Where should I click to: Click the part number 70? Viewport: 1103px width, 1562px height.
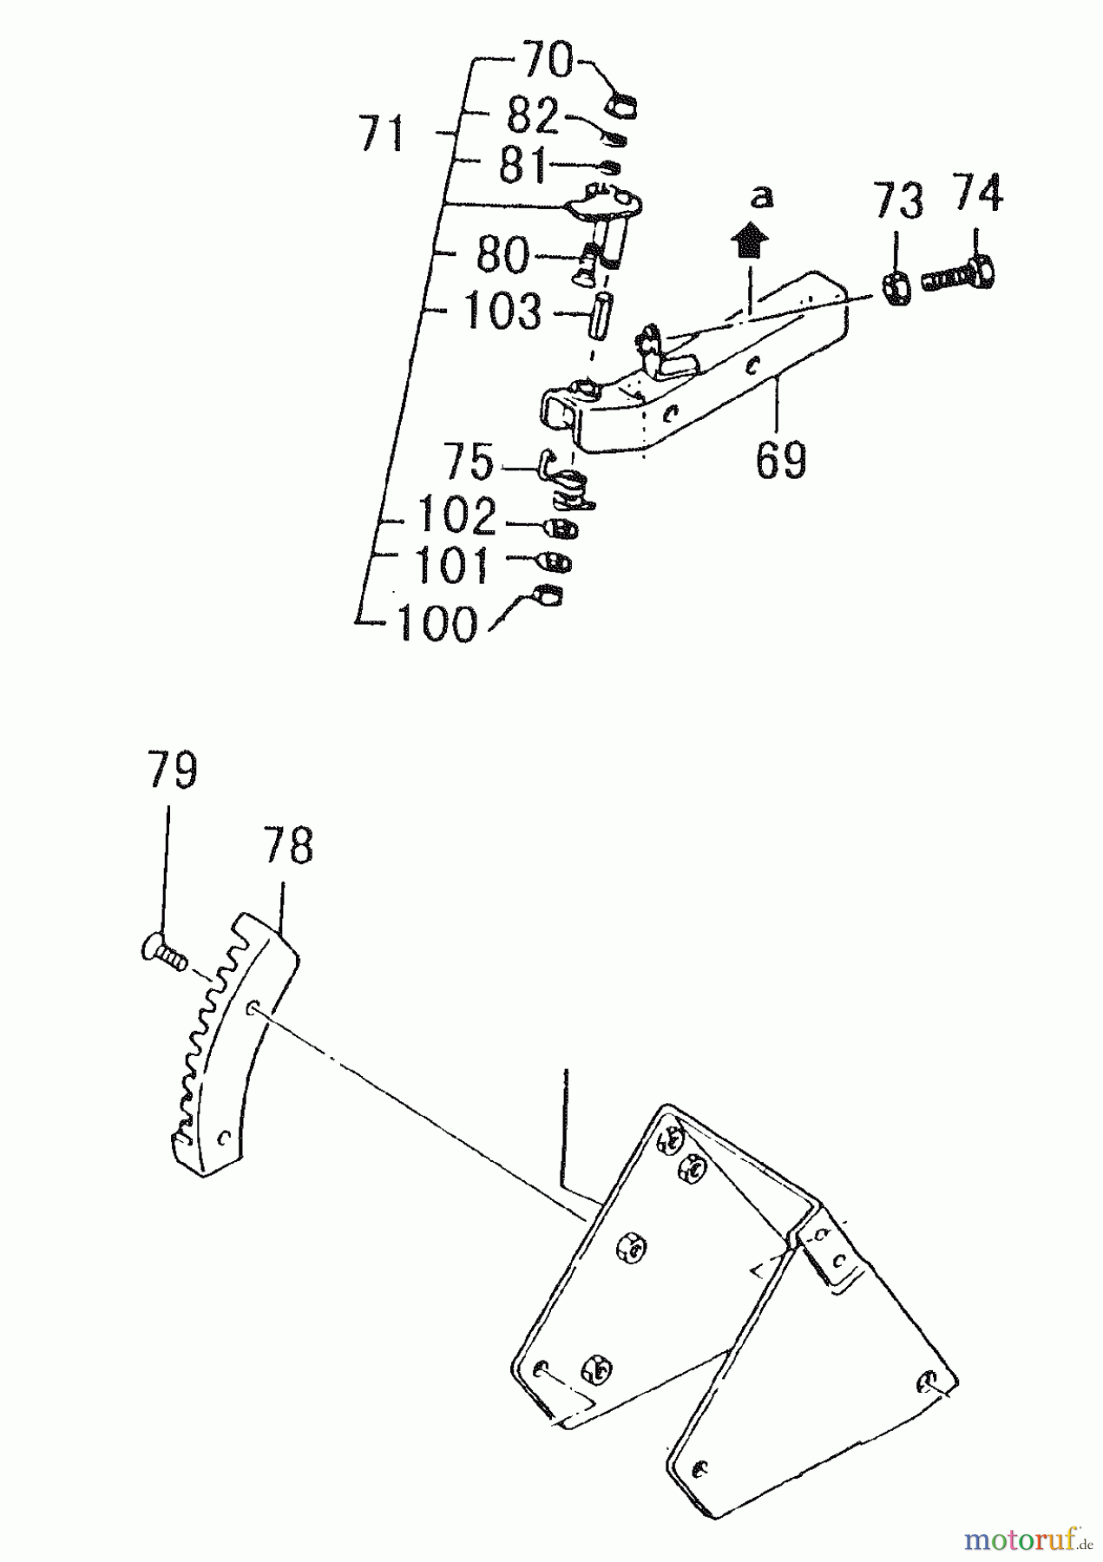point(548,62)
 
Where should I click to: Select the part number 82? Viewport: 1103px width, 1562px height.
point(532,115)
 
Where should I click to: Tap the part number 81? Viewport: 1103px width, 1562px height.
point(522,165)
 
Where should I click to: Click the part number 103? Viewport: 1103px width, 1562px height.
point(502,311)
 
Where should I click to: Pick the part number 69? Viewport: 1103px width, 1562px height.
point(780,460)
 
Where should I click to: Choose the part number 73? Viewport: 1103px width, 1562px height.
point(898,201)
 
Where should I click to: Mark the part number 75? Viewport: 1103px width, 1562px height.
point(469,463)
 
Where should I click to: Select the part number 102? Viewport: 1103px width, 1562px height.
point(456,516)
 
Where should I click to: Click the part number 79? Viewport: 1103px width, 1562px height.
point(172,771)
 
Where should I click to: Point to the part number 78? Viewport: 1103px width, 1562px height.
point(287,845)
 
